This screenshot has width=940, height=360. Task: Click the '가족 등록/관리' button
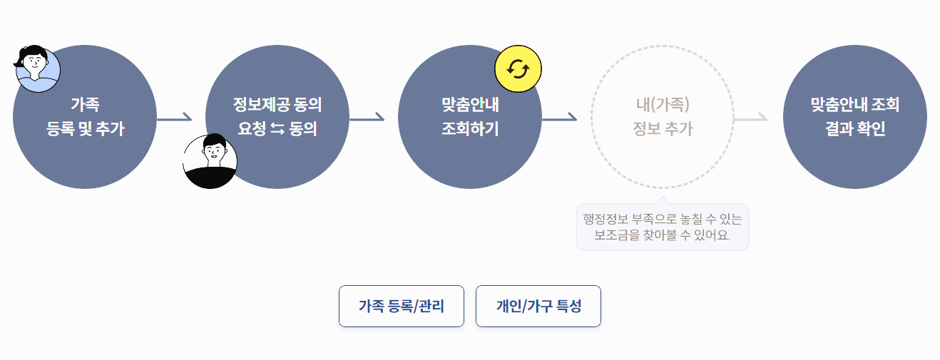click(401, 307)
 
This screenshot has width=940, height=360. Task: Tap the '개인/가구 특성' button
click(538, 307)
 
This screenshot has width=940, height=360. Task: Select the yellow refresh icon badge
click(518, 69)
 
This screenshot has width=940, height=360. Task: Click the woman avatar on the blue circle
click(36, 69)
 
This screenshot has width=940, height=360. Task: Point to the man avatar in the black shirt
click(210, 162)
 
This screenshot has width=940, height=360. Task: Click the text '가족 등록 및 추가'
click(85, 117)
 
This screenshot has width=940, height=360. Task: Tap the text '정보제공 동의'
click(277, 106)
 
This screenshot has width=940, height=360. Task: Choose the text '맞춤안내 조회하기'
click(470, 117)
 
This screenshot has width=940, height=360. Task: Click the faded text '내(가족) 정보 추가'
click(663, 117)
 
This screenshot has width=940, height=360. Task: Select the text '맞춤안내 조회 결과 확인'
click(855, 117)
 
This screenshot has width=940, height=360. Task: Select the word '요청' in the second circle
click(251, 130)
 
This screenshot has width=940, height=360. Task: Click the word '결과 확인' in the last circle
click(855, 130)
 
